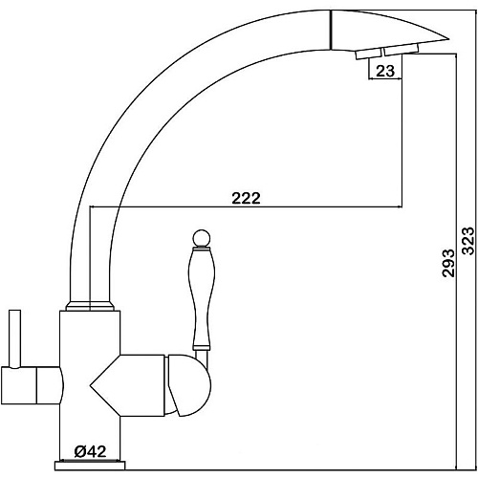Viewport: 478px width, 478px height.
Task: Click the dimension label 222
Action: pyautogui.click(x=246, y=198)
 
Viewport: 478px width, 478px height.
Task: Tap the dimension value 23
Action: pyautogui.click(x=385, y=71)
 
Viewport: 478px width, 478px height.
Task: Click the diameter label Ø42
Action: pyautogui.click(x=90, y=451)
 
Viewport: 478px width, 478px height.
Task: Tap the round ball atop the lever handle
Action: pyautogui.click(x=202, y=238)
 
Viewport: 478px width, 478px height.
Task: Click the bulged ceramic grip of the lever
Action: pyautogui.click(x=202, y=298)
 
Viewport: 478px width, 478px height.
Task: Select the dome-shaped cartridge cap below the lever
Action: pyautogui.click(x=189, y=385)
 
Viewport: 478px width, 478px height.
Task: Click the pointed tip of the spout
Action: pyautogui.click(x=448, y=39)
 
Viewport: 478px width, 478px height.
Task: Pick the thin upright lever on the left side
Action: pyautogui.click(x=15, y=338)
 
